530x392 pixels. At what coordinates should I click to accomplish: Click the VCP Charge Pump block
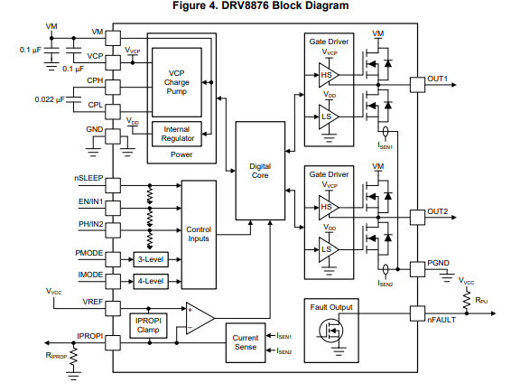point(177,82)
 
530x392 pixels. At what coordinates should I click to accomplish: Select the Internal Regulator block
point(177,134)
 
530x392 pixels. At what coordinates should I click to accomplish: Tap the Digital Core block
point(260,171)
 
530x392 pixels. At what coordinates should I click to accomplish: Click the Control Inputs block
point(199,235)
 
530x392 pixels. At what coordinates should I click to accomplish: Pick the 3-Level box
point(151,259)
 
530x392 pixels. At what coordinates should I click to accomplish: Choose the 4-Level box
point(151,281)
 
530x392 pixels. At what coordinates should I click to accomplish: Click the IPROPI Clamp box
point(148,325)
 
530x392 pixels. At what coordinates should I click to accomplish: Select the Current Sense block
point(246,342)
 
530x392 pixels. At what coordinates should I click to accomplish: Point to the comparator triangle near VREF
point(200,318)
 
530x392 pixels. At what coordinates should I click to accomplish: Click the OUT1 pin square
point(417,85)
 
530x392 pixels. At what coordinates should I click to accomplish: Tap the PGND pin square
point(417,269)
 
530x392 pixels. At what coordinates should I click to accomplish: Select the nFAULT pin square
point(417,313)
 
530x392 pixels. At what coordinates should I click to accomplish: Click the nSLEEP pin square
point(113,185)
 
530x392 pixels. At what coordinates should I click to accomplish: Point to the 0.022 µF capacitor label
point(50,99)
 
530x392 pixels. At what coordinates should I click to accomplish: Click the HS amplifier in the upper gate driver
point(329,75)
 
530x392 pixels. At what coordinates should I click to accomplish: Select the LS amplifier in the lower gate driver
point(329,249)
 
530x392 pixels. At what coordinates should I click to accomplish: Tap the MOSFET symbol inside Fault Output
point(331,331)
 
